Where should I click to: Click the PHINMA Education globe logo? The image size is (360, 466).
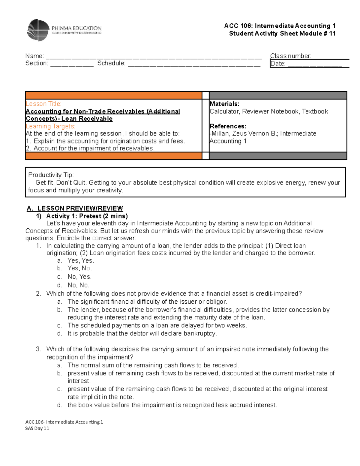[38, 30]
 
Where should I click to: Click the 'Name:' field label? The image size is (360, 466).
[34, 56]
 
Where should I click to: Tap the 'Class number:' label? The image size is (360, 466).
[290, 56]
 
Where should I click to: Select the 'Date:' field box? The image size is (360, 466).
[309, 64]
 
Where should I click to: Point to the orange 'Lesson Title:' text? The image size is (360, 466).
[43, 104]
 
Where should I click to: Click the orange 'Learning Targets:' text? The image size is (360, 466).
[50, 126]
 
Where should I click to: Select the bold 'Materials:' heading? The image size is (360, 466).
[224, 104]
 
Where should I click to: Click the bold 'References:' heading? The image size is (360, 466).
[228, 126]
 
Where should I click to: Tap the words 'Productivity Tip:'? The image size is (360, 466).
[51, 175]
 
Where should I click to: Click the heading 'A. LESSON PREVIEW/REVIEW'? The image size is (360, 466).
[75, 208]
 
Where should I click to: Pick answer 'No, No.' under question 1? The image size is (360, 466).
[78, 285]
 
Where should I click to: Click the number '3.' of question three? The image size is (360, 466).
[38, 349]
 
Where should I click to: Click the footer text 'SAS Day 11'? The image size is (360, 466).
[37, 428]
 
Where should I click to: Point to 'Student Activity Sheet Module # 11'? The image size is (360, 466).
[282, 34]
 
